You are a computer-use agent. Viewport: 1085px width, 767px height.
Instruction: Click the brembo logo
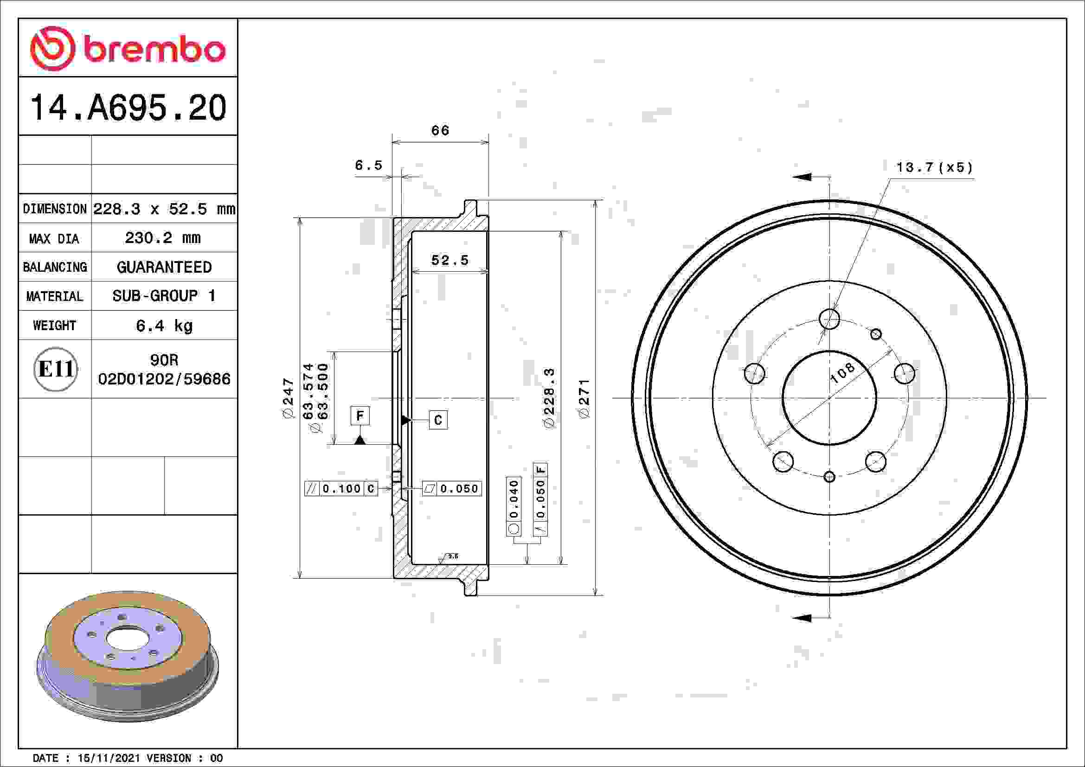click(x=128, y=49)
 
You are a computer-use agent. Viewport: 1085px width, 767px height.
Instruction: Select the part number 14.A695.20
click(x=128, y=108)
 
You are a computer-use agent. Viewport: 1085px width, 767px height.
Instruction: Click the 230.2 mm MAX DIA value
click(x=163, y=237)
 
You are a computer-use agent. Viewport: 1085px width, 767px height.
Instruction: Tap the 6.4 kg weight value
click(x=164, y=326)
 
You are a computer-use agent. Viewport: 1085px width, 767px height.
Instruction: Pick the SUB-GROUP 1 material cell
click(x=164, y=296)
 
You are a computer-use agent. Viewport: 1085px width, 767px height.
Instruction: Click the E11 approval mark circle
click(x=55, y=369)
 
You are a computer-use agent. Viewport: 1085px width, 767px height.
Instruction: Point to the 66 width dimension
click(x=440, y=131)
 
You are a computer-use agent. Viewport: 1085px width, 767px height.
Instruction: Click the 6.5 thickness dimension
click(x=369, y=165)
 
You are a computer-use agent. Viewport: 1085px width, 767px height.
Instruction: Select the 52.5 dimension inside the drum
click(x=450, y=260)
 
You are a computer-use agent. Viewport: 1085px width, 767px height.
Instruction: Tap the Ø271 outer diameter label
click(x=584, y=398)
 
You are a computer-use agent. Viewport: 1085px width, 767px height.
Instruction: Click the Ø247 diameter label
click(x=288, y=398)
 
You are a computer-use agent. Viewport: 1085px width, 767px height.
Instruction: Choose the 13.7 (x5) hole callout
click(x=934, y=168)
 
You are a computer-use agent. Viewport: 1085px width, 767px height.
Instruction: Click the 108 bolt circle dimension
click(x=842, y=373)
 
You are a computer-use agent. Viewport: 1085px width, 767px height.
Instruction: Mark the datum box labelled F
click(x=360, y=415)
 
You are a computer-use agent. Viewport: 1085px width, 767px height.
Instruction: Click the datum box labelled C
click(x=438, y=420)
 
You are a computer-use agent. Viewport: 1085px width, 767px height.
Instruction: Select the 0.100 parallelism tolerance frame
click(x=341, y=488)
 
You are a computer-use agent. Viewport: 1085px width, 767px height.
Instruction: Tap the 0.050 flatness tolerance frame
click(x=452, y=488)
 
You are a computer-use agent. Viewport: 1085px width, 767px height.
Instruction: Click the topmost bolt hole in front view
click(x=829, y=319)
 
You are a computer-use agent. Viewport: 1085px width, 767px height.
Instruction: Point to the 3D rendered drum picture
click(x=128, y=657)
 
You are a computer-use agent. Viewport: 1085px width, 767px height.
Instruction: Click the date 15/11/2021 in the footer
click(x=109, y=758)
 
